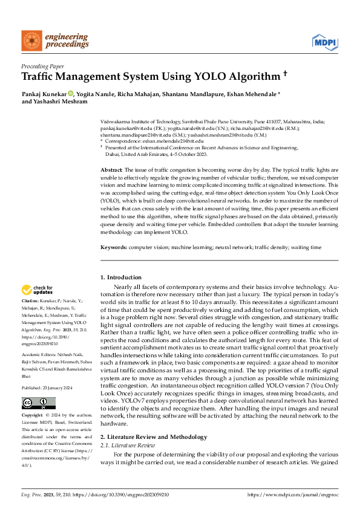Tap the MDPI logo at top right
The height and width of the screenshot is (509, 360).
324,42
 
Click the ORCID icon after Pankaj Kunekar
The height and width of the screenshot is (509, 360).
71,94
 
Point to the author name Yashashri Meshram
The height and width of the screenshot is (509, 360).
64,102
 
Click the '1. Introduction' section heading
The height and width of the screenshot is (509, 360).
120,277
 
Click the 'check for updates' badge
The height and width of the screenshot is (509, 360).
38,290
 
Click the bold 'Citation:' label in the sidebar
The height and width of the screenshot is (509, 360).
30,300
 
